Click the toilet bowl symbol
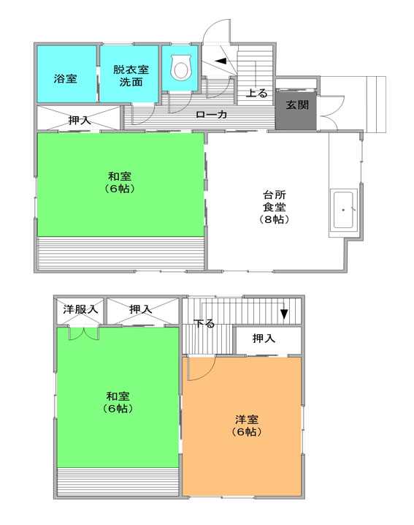coord(181,67)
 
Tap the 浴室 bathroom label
coord(66,79)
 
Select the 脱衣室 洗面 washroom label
coord(131,75)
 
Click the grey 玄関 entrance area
coord(296,110)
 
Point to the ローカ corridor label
coord(212,115)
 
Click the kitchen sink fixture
coord(343,210)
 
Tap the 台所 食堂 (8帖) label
coord(275,207)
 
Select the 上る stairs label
coord(257,93)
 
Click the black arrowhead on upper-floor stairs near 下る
coord(284,314)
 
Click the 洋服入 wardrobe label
coord(80,309)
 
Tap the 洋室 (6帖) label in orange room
coord(247,426)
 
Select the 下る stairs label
coord(204,323)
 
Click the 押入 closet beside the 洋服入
coord(143,310)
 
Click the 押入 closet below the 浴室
coord(78,118)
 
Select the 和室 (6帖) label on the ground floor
coord(120,183)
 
